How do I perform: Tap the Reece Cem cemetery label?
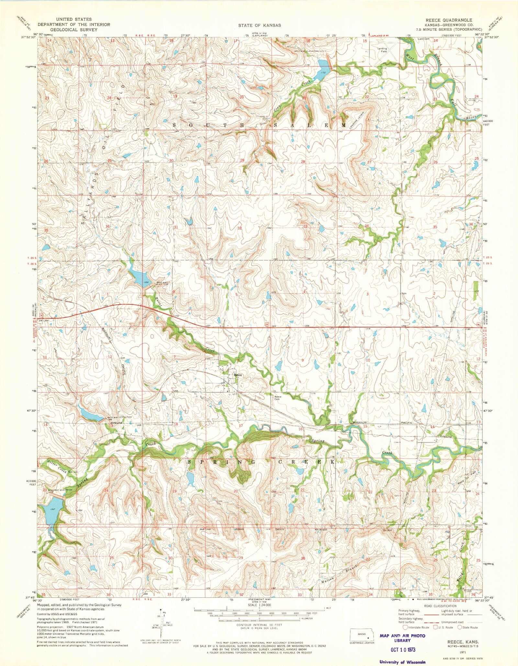tap(278, 398)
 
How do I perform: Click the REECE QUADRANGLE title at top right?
tap(449, 20)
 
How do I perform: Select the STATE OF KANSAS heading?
tap(259, 25)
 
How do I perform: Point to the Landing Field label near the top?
tap(382, 50)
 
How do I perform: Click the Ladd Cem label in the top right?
tap(423, 39)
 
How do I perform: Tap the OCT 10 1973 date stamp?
tap(403, 650)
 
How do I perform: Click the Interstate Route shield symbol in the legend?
tap(406, 627)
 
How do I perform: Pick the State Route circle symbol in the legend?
tap(459, 627)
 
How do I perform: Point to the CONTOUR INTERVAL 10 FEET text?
tap(259, 625)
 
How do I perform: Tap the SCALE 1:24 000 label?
tap(259, 605)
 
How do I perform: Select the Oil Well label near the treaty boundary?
tap(387, 530)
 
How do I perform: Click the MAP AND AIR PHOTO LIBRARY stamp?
tap(402, 638)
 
